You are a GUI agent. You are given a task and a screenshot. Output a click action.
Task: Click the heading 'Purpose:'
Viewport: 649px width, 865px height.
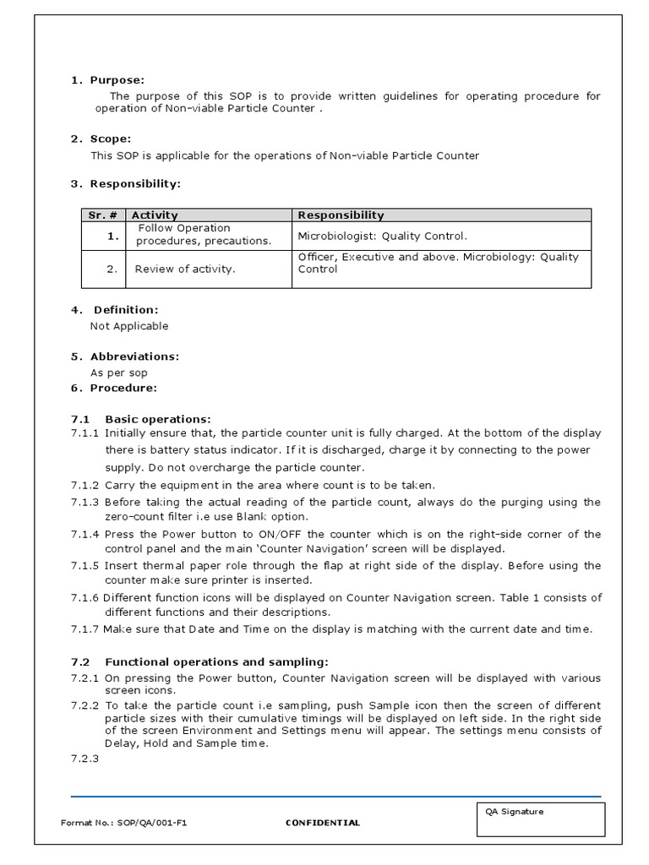click(117, 80)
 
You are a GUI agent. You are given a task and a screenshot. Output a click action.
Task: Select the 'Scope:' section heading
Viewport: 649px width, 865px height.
click(111, 139)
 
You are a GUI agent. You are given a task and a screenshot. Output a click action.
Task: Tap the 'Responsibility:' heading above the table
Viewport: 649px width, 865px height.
click(135, 183)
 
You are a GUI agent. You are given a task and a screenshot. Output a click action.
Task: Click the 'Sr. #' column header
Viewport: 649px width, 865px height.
click(102, 215)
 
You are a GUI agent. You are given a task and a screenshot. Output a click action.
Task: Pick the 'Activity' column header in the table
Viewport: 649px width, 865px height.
click(155, 215)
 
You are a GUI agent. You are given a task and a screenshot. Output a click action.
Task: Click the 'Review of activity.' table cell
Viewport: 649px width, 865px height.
click(185, 269)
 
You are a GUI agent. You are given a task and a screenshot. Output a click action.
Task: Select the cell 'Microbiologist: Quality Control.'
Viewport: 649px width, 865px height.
click(382, 237)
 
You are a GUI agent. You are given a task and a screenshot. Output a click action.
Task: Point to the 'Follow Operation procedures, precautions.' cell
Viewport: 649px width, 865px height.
click(204, 234)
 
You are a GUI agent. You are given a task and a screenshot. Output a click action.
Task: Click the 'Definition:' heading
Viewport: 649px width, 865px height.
click(125, 310)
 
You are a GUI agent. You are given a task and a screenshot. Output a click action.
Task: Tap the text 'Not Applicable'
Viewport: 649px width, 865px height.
click(129, 326)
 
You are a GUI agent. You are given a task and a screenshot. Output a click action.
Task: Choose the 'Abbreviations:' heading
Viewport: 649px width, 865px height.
click(134, 356)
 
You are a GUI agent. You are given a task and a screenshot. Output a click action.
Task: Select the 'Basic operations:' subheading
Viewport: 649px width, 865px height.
click(157, 419)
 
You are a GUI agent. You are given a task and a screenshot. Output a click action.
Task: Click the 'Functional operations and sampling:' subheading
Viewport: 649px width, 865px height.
click(216, 661)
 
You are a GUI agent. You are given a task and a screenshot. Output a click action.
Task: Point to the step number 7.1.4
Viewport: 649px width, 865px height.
click(85, 534)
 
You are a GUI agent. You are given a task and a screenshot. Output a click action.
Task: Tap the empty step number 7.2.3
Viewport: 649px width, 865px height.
click(85, 759)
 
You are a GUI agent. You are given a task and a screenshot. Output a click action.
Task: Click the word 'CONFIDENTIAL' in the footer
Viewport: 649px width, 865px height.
click(322, 823)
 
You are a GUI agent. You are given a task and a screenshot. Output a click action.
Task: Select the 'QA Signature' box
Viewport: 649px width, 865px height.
click(540, 819)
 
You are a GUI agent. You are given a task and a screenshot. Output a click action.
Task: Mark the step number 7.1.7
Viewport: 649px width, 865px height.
click(85, 629)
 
